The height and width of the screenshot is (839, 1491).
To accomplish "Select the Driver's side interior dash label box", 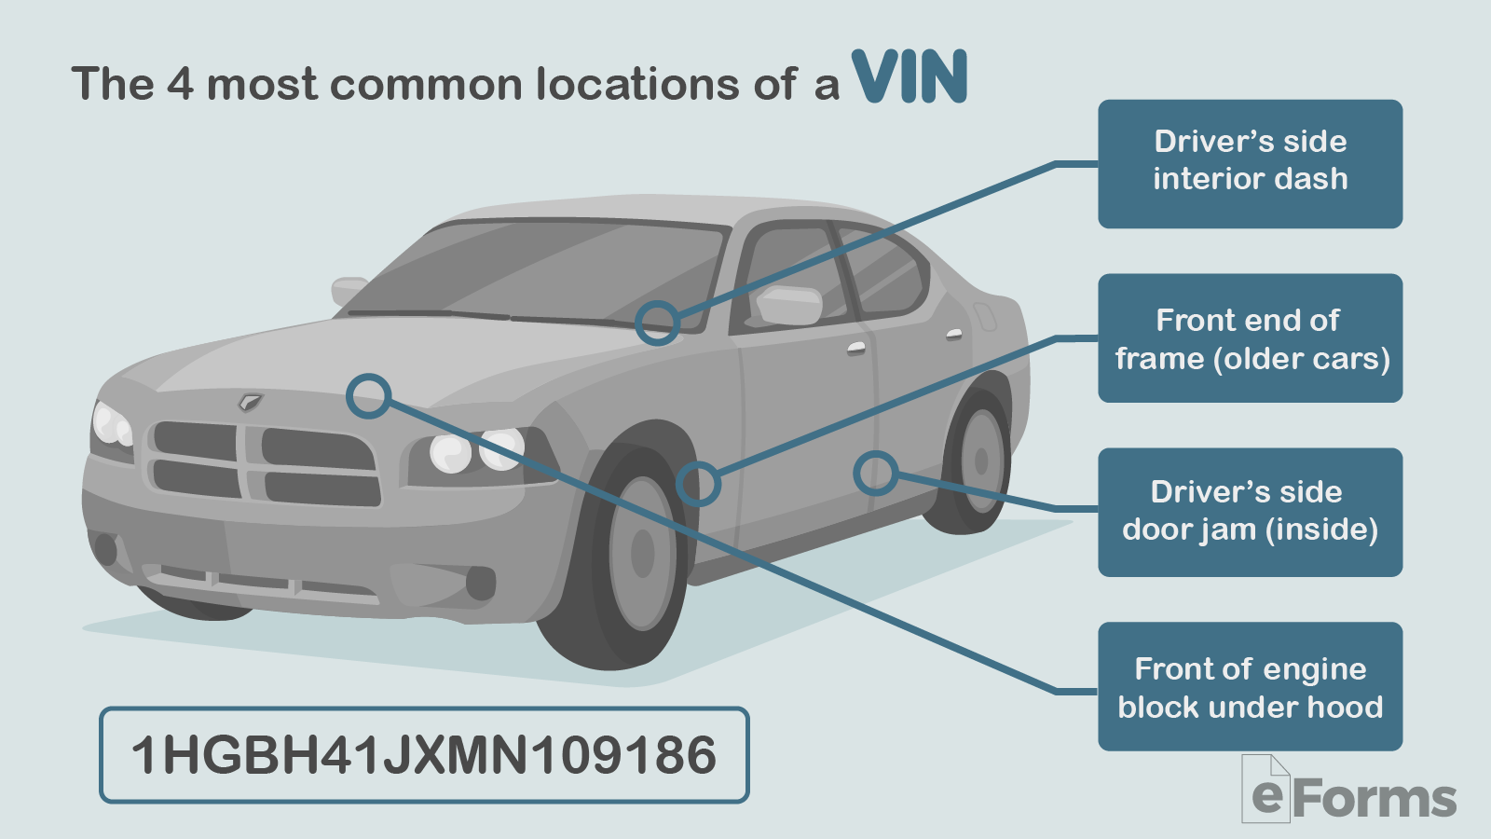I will [x=1250, y=164].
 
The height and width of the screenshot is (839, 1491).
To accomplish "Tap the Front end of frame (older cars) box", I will [x=1250, y=338].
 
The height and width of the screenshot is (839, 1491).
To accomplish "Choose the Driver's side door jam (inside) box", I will [x=1250, y=512].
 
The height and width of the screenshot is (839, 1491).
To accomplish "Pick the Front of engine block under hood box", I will [x=1250, y=686].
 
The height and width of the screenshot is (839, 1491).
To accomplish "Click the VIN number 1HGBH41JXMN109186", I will [x=424, y=755].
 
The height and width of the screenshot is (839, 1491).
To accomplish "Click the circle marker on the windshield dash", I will [x=658, y=323].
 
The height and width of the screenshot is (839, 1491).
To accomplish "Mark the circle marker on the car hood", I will [x=368, y=396].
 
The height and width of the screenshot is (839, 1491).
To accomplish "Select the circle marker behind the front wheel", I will [x=698, y=484].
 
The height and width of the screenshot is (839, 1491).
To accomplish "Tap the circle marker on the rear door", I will [x=875, y=474].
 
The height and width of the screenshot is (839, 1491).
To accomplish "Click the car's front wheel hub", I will [x=642, y=553].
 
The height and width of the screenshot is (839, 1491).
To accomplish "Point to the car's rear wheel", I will [x=978, y=461].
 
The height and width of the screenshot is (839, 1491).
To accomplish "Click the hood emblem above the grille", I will [x=250, y=402].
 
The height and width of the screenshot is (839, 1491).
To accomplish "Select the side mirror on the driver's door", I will [x=788, y=305].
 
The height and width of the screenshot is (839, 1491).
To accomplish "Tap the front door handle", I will [x=856, y=349].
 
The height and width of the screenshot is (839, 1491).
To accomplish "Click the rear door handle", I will [x=954, y=333].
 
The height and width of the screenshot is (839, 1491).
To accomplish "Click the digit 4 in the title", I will [x=180, y=84].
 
